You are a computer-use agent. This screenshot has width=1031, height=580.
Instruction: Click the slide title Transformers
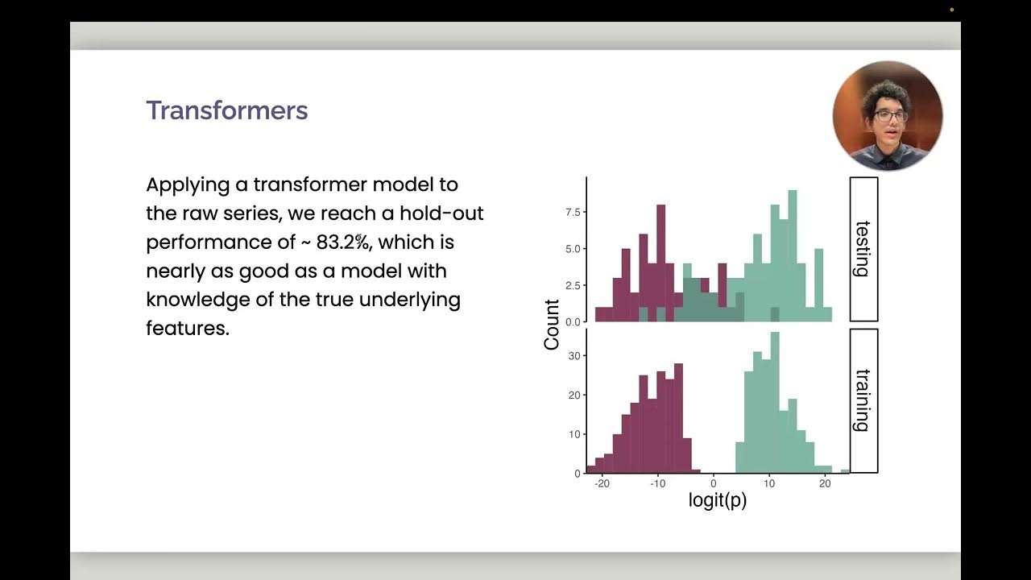click(226, 110)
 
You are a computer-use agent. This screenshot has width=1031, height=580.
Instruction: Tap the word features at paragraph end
click(187, 329)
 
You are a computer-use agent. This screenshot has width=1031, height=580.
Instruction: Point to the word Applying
click(188, 185)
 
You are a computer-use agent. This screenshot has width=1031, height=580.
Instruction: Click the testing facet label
click(863, 249)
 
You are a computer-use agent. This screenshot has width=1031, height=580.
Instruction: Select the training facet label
click(863, 400)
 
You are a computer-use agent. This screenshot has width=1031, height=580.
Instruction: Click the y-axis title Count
click(552, 325)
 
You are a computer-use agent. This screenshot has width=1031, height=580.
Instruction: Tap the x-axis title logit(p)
click(717, 500)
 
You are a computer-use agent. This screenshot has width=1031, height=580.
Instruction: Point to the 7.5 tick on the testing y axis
click(573, 212)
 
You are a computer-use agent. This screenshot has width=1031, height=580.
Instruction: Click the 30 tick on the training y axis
click(574, 355)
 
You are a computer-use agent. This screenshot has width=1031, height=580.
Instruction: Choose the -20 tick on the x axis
click(602, 484)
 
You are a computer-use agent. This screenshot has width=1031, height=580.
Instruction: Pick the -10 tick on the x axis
click(657, 484)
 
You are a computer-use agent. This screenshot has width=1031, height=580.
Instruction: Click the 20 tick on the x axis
click(824, 484)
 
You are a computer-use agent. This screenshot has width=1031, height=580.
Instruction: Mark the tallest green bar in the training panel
click(775, 403)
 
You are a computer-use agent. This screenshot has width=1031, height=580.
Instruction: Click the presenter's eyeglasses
click(890, 115)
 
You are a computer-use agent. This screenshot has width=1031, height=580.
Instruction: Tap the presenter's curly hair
click(885, 93)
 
